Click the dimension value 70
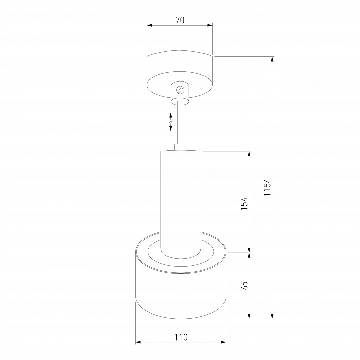click(x=180, y=20)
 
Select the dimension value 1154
click(x=267, y=187)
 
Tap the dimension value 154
click(x=244, y=203)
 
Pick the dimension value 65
click(x=245, y=285)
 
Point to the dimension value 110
click(x=181, y=337)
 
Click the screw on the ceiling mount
click(x=180, y=90)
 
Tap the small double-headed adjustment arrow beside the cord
click(x=171, y=122)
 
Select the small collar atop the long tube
click(x=180, y=147)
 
